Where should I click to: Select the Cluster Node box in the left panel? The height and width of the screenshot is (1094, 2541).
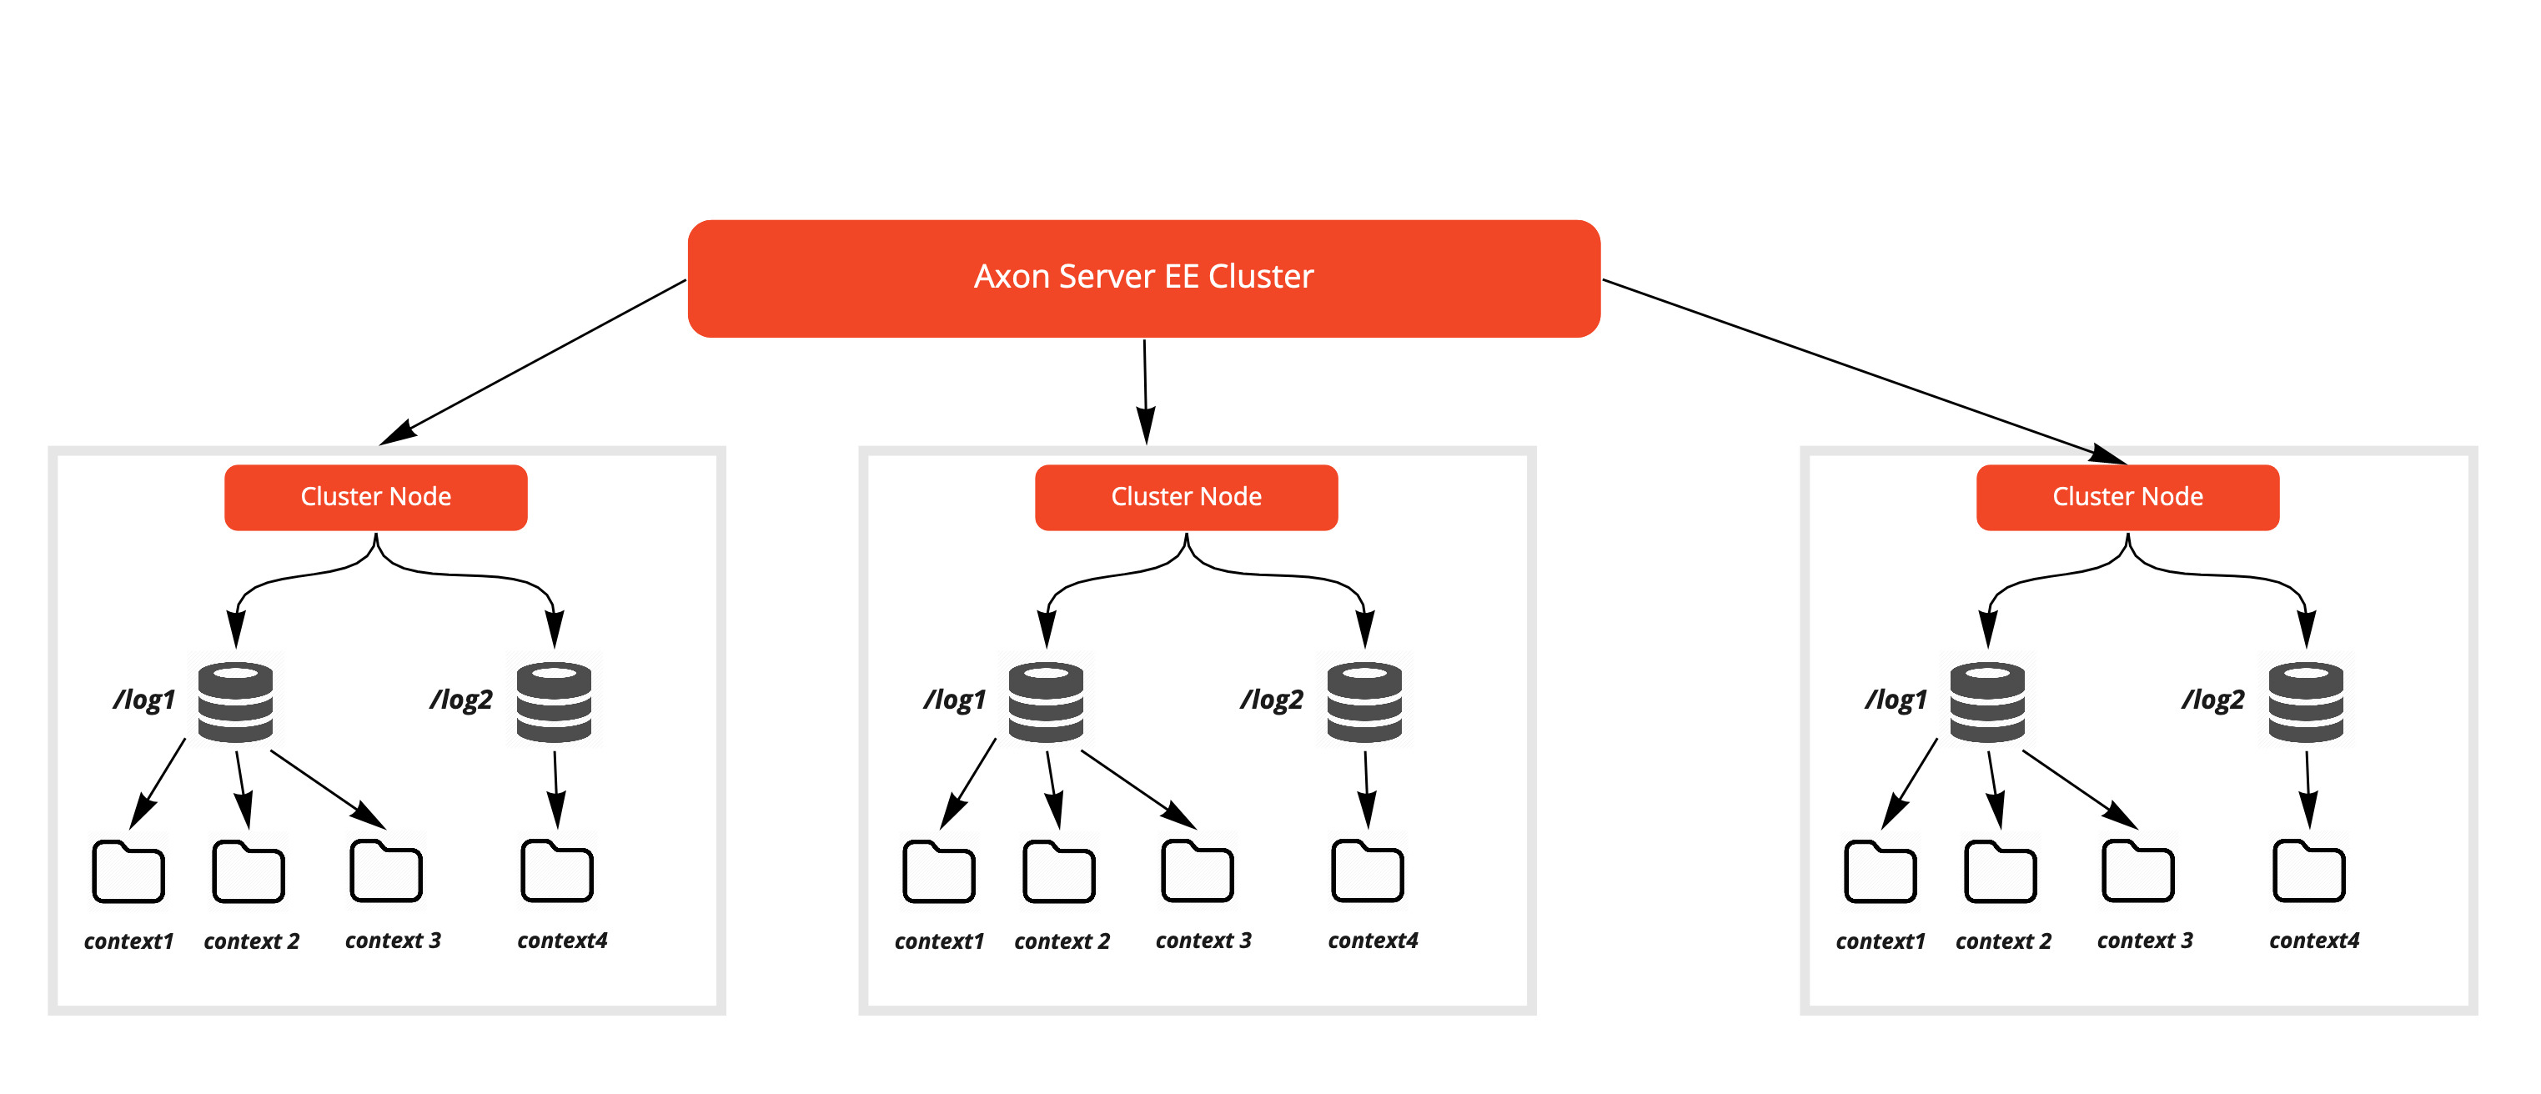[376, 497]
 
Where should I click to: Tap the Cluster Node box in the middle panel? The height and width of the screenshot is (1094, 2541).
[1186, 497]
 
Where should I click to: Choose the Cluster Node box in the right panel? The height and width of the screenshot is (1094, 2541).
[2127, 497]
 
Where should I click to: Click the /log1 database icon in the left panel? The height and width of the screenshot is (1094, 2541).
[236, 701]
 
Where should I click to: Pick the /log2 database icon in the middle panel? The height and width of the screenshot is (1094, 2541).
[1364, 701]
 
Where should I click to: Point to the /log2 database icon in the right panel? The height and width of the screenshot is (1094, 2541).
[2305, 701]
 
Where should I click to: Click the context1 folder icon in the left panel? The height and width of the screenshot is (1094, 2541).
[128, 872]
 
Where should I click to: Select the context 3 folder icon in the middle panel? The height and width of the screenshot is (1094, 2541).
[1197, 872]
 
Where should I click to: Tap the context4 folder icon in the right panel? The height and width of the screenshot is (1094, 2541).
[2308, 872]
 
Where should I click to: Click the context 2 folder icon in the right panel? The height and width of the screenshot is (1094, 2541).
[2000, 872]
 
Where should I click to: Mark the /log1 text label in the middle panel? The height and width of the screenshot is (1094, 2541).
[954, 700]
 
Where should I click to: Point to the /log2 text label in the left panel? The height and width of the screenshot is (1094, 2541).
[460, 700]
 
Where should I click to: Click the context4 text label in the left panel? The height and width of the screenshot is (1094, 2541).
[562, 940]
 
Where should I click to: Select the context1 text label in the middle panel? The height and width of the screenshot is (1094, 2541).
[939, 941]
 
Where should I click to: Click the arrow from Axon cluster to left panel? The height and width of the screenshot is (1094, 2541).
[533, 362]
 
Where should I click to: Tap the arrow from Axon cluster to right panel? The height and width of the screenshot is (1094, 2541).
[1865, 371]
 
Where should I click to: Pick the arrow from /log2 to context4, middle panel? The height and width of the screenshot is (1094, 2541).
[1366, 789]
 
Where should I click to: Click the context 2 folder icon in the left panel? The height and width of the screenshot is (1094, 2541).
[249, 872]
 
